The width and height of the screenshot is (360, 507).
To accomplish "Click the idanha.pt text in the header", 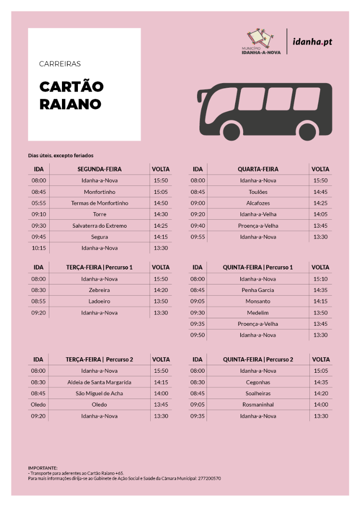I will point(312,42).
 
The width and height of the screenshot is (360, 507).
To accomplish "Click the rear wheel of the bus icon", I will point(308,131).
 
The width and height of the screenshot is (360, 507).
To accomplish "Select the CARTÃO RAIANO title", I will point(71,95).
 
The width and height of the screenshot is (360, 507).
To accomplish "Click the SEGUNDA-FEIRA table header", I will point(100,169).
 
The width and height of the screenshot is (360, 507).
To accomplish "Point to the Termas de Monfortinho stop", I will point(100,203).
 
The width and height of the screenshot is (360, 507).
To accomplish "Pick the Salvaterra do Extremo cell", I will point(100,226).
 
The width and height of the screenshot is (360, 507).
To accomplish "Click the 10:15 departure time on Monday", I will point(39,248).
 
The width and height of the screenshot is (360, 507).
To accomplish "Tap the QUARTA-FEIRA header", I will point(258,169).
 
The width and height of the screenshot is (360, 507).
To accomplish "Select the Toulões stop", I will point(258,192).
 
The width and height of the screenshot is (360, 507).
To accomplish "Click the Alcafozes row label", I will point(258,203).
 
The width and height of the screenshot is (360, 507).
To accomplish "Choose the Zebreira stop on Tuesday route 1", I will point(99,290).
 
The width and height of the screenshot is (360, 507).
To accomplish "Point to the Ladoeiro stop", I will point(99,301).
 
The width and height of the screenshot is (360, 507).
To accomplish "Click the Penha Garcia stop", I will point(258,290).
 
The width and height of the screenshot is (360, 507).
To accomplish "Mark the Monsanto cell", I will point(258,301).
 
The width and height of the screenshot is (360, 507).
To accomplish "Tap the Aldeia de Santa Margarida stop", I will point(99,382).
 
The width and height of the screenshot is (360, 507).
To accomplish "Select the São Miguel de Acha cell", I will point(99,393).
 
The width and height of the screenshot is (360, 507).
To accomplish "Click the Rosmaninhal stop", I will point(258,405).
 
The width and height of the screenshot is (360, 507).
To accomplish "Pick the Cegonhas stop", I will point(258,382).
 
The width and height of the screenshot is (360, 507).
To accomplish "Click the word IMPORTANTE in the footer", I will point(43,468).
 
